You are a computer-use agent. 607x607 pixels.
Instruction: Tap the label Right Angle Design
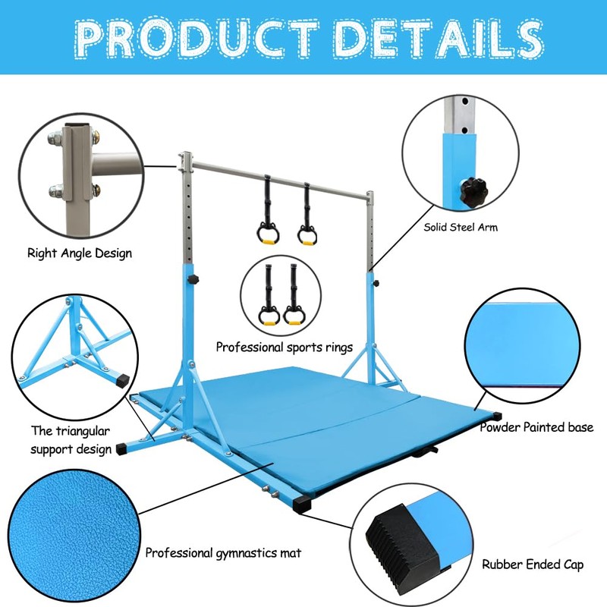[x=80, y=253]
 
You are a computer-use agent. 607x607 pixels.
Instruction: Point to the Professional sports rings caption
[x=285, y=347]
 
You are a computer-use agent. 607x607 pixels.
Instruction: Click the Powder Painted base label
[x=536, y=427]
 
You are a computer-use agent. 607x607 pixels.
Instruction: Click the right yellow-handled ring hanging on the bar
[x=307, y=233]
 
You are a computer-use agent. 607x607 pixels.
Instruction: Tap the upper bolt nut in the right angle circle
[x=55, y=139]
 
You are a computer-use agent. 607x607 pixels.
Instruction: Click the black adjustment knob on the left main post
[x=195, y=281]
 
